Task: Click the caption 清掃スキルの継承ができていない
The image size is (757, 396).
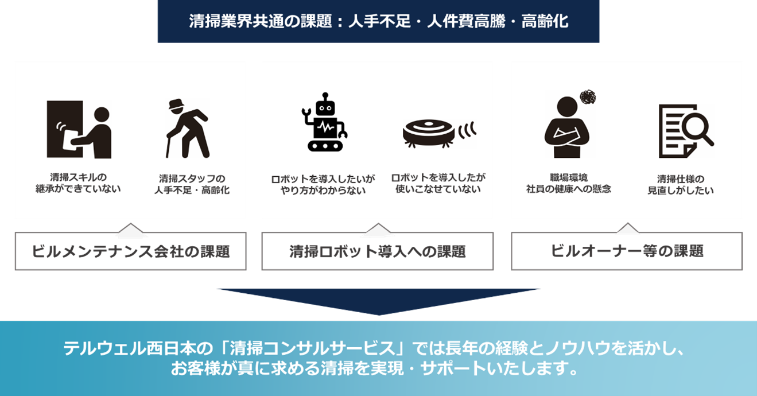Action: click(x=78, y=183)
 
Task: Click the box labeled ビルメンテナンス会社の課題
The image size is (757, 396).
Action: click(x=130, y=251)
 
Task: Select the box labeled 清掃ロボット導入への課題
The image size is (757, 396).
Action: click(x=377, y=251)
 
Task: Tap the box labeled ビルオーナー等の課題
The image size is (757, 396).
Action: click(x=626, y=251)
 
